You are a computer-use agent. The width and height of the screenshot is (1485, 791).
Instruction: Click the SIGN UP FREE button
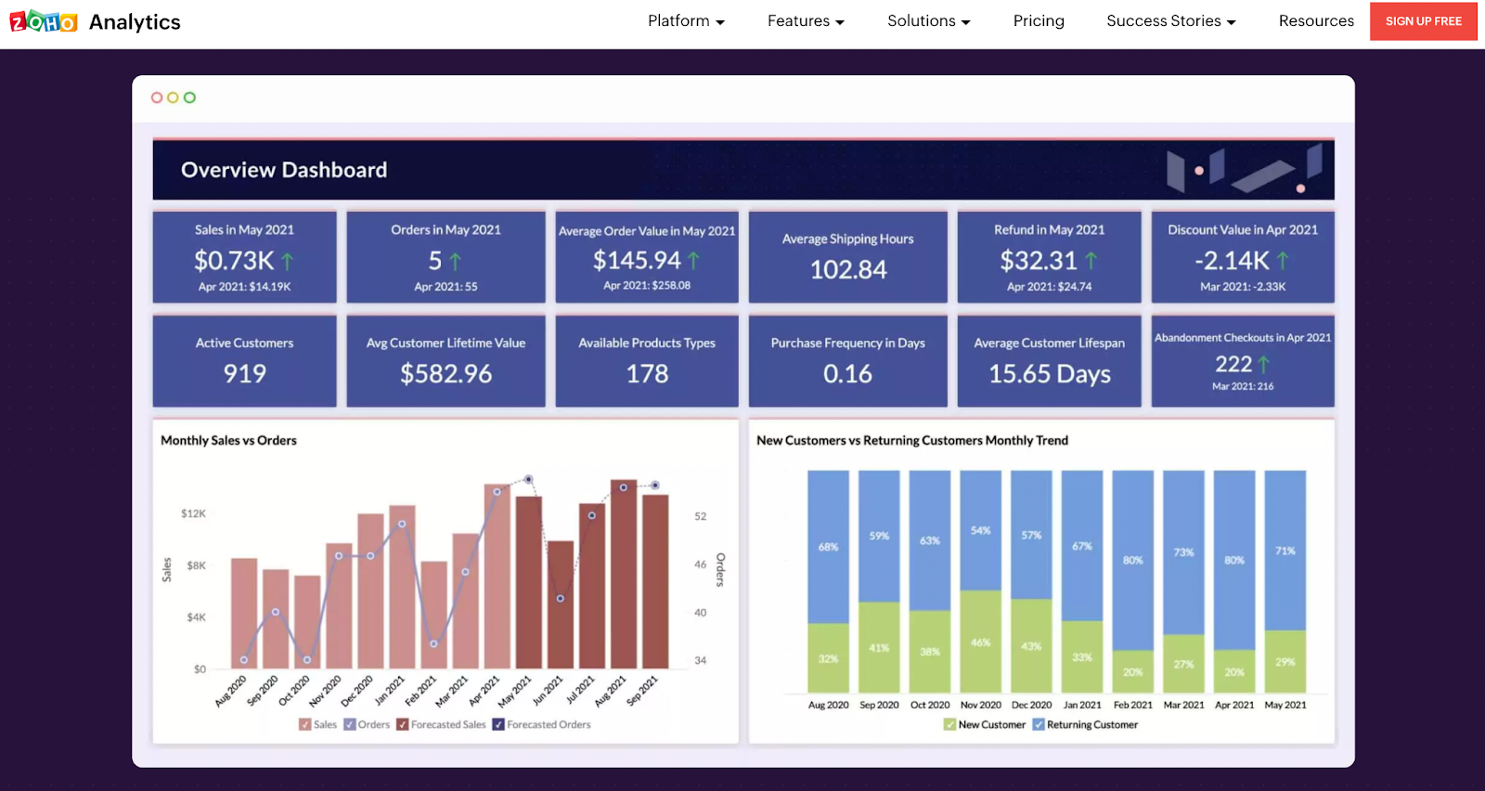1423,21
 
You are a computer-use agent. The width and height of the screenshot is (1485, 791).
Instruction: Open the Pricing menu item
1039,20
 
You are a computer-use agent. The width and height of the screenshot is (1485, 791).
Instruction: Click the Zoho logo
44,21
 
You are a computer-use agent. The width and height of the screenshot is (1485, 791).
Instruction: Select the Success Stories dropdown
1170,20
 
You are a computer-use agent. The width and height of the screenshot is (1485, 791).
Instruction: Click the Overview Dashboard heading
284,170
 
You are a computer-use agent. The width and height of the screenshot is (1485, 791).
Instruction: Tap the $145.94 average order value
637,260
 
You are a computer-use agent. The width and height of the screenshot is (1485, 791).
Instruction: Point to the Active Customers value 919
244,373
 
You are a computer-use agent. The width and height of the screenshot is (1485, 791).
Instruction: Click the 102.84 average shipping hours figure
847,269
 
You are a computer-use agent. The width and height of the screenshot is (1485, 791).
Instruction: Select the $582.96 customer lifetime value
445,373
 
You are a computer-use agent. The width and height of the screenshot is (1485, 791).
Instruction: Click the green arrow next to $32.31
1091,261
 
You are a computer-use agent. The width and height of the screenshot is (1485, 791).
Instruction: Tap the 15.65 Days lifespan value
1049,373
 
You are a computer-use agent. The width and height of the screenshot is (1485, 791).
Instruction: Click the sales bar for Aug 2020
243,613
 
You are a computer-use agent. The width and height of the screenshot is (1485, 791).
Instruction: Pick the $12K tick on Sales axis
193,513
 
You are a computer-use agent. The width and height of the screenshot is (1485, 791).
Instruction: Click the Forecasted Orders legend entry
542,724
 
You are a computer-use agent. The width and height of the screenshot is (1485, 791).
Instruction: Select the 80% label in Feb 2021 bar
1132,560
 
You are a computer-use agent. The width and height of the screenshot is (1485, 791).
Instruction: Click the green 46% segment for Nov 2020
980,642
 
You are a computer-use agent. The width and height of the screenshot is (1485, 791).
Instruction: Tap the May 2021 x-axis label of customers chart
1285,705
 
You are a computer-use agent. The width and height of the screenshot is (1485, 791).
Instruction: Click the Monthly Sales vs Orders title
228,440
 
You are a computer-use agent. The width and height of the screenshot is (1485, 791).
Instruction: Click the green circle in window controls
189,97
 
